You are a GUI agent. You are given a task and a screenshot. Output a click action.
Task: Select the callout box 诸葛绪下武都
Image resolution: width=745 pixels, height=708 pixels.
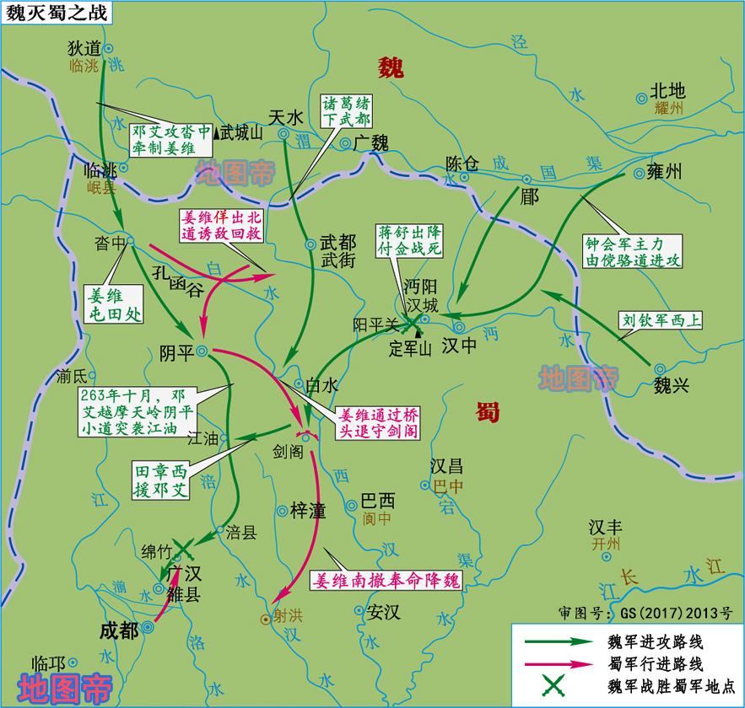345,110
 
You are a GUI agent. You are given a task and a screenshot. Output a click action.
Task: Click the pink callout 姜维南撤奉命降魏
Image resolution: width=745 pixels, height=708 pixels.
388,581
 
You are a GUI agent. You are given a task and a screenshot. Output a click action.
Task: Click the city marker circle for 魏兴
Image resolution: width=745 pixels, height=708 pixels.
658,368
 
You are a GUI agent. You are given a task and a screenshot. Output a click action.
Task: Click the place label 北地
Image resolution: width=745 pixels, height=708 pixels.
667,92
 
